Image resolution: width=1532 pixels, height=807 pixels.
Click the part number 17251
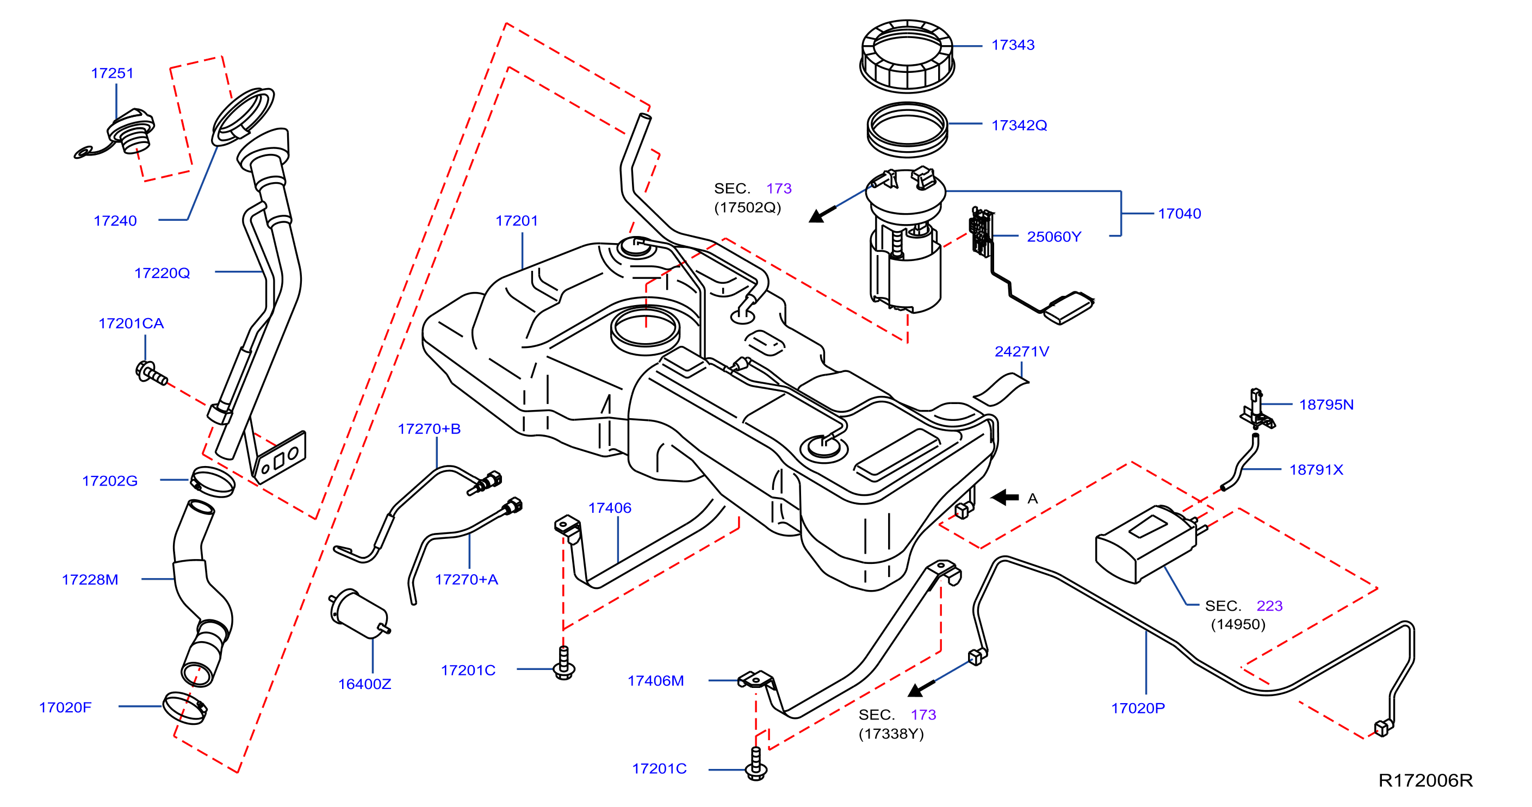click(x=113, y=73)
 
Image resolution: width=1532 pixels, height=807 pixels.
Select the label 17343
click(x=1013, y=45)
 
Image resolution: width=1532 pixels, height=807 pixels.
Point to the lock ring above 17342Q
click(x=907, y=55)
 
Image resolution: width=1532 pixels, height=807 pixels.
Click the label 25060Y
click(x=1054, y=237)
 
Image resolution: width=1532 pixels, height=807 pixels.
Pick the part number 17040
click(x=1180, y=214)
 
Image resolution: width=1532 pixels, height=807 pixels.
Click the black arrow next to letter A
click(x=1005, y=497)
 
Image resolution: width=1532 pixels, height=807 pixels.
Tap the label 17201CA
click(x=131, y=323)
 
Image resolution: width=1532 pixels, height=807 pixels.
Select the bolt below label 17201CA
click(x=151, y=373)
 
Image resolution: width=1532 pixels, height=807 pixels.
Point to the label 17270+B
click(x=429, y=429)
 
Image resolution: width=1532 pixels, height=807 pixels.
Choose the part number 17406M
click(x=655, y=680)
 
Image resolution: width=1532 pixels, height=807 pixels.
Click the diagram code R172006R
click(x=1425, y=780)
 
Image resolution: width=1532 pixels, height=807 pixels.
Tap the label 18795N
click(x=1326, y=405)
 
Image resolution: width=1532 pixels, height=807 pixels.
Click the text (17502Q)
click(x=748, y=208)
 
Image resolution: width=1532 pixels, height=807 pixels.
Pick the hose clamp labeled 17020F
click(x=185, y=707)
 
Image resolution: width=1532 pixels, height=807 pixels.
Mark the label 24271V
click(x=1022, y=351)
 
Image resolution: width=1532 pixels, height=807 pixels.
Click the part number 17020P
click(x=1138, y=707)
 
